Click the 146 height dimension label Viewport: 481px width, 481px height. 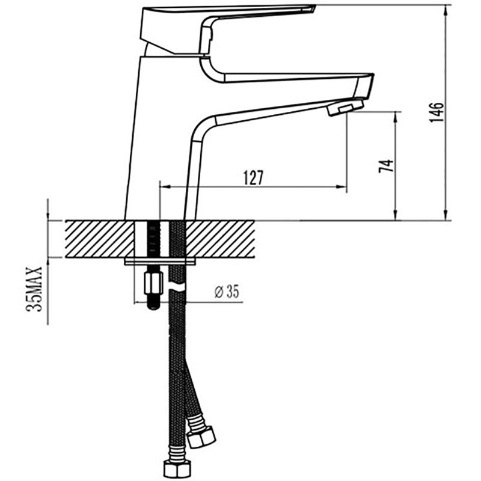437,112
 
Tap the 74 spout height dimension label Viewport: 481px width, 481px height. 386,167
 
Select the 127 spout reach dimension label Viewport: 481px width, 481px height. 253,178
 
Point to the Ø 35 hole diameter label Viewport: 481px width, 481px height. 227,292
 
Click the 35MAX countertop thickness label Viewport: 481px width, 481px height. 34,289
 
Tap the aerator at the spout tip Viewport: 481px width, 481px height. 345,108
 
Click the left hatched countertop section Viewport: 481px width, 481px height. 99,239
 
